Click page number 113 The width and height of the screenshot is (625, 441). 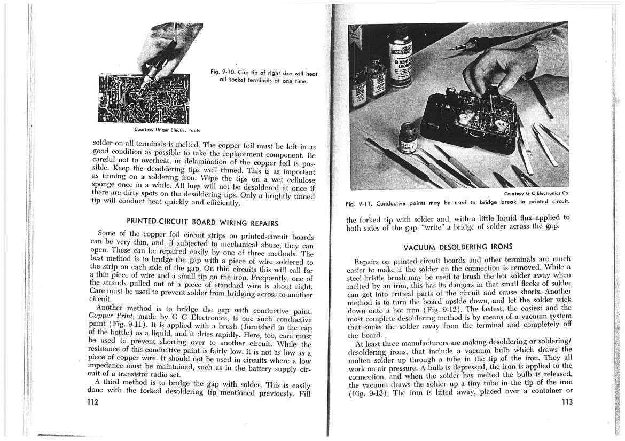click(565, 402)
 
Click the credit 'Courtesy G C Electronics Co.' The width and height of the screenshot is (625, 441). click(537, 193)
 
